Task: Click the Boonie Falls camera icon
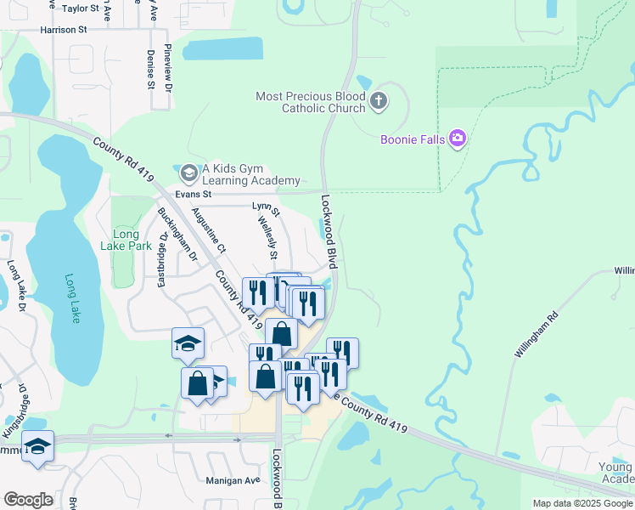click(x=458, y=138)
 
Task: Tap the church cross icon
click(x=379, y=103)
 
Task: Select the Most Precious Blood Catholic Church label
click(x=311, y=103)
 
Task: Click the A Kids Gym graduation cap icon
click(x=188, y=173)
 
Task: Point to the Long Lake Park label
click(x=132, y=241)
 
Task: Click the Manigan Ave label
click(x=233, y=480)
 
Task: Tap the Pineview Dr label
click(x=169, y=68)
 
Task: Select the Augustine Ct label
click(x=209, y=230)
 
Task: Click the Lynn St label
click(x=266, y=207)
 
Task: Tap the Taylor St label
click(x=81, y=8)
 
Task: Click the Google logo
click(x=28, y=500)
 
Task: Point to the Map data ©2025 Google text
click(x=582, y=503)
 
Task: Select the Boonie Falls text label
click(x=412, y=139)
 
